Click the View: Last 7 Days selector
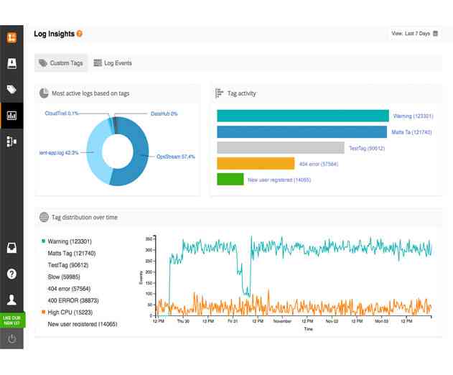[414, 33]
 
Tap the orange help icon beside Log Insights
[80, 34]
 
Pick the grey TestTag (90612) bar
[280, 148]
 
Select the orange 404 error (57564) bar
[256, 164]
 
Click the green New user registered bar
[230, 180]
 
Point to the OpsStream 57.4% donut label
[176, 157]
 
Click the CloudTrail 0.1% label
[62, 114]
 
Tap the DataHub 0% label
[164, 114]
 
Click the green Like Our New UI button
[12, 320]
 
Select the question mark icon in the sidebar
[11, 274]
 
